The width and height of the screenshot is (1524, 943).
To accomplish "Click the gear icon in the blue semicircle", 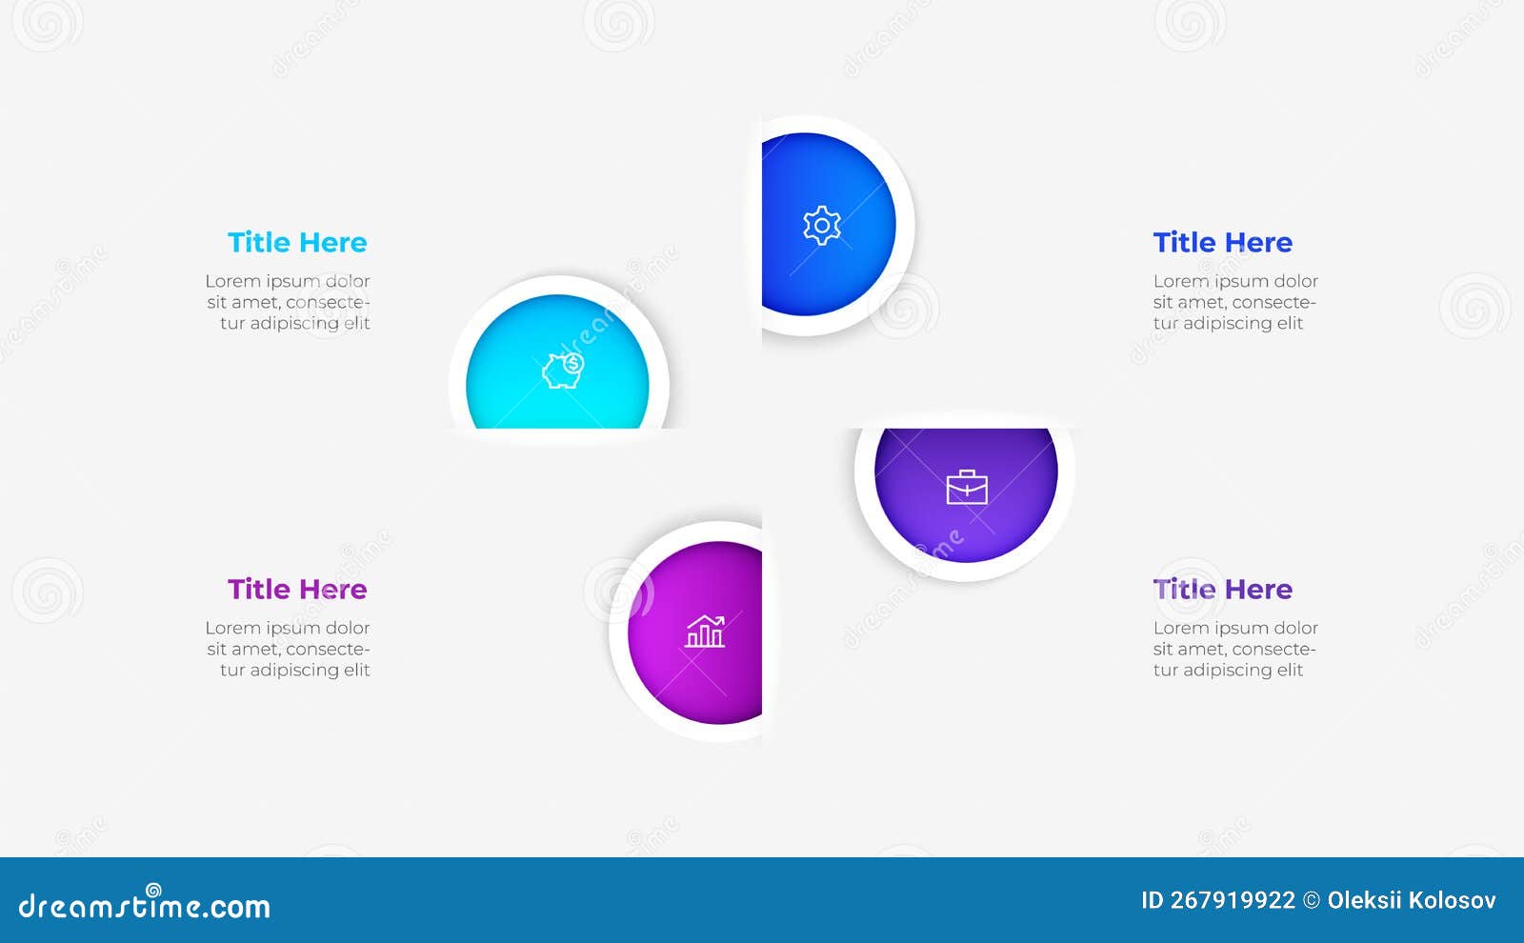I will coord(821,226).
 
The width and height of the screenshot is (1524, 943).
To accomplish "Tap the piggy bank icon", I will coord(563,370).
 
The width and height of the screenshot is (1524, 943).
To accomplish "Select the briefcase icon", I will coord(967,488).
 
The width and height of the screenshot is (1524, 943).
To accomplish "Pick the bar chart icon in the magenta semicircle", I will coord(705,632).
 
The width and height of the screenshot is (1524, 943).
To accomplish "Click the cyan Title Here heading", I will coord(297,243).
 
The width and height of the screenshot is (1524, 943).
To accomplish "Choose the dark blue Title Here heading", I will coord(1222,243).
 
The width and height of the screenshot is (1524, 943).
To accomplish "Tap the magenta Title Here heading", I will coord(297,590).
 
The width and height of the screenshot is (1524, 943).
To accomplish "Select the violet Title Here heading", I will coord(1222,590).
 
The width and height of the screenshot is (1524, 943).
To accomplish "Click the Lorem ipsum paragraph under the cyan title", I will coord(289,302).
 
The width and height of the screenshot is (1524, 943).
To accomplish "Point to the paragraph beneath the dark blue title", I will coord(1235,302).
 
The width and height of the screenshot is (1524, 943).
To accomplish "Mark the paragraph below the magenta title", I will coord(289,649).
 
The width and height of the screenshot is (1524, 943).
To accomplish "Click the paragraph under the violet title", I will coord(1235,649).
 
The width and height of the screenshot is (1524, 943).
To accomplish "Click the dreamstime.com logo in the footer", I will coord(145,905).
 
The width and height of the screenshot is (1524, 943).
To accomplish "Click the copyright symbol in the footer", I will coord(1312,901).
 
